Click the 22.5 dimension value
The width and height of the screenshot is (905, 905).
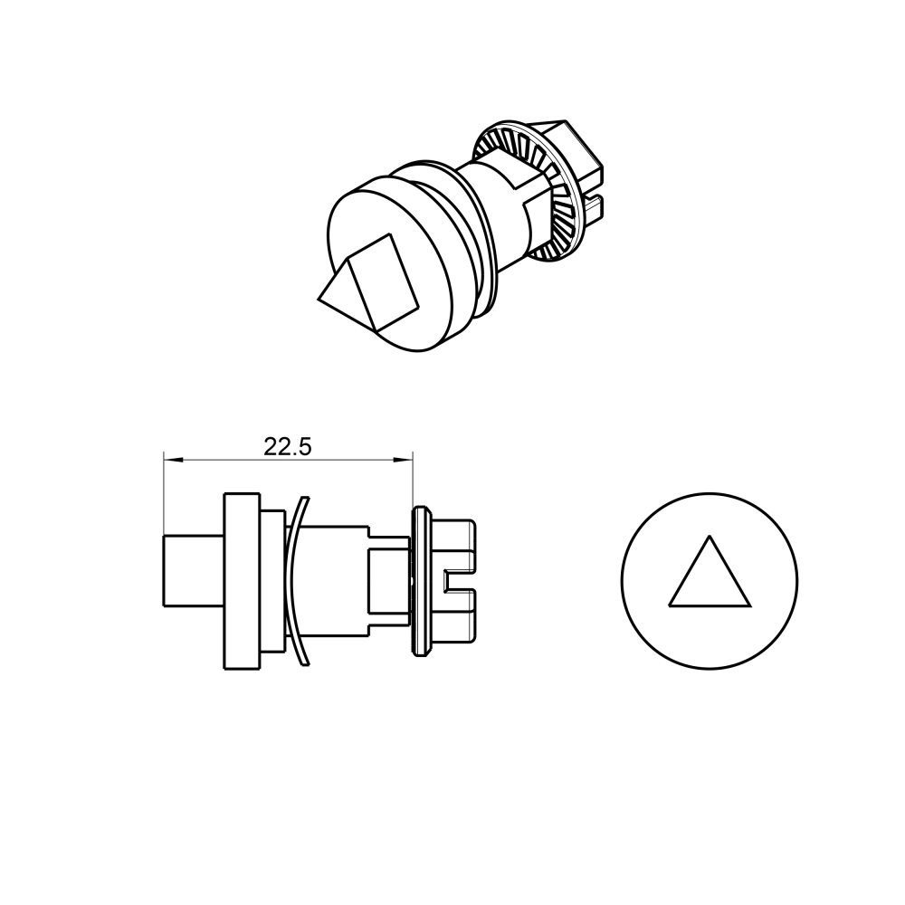tap(288, 446)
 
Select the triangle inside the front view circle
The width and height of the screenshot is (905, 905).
tap(710, 579)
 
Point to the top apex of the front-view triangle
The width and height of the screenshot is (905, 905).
tap(710, 536)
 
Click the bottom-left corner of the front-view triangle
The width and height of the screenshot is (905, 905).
tap(670, 605)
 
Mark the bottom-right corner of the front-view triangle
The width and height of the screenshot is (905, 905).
tap(750, 605)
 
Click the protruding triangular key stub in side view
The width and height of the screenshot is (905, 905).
tap(192, 570)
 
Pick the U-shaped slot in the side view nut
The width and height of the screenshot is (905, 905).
tap(460, 581)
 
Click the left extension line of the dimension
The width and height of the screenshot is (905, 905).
tap(163, 489)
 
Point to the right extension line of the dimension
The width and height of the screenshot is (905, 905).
tap(413, 480)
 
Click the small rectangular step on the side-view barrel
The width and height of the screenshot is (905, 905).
tap(387, 579)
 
